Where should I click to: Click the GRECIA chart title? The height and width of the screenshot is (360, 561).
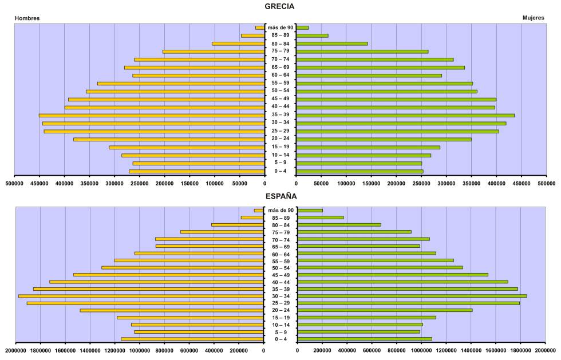point(280,6)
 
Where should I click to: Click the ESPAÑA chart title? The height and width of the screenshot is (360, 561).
point(280,196)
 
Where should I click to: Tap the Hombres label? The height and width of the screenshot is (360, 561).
point(27,18)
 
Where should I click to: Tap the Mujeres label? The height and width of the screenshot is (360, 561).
point(534,18)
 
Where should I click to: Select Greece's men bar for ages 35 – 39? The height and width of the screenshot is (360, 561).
point(152,115)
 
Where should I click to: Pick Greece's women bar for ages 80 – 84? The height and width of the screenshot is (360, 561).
point(332,43)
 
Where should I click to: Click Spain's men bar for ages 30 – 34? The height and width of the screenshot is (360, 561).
point(141,296)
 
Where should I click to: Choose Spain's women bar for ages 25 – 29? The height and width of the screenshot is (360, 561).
point(409,303)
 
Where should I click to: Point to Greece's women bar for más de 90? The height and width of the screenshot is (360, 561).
point(302,27)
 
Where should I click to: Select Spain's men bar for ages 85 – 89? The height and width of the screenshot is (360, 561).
point(252,217)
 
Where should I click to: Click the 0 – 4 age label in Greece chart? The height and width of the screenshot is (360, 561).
point(280,171)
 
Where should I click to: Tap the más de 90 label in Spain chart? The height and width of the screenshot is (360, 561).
point(280,211)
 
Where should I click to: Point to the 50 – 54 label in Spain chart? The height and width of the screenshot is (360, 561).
point(280,268)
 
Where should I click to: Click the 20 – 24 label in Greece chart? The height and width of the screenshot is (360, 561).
point(280,139)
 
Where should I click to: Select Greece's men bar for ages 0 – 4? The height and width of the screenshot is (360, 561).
point(197,171)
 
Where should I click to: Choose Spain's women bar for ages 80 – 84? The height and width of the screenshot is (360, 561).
point(339,225)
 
